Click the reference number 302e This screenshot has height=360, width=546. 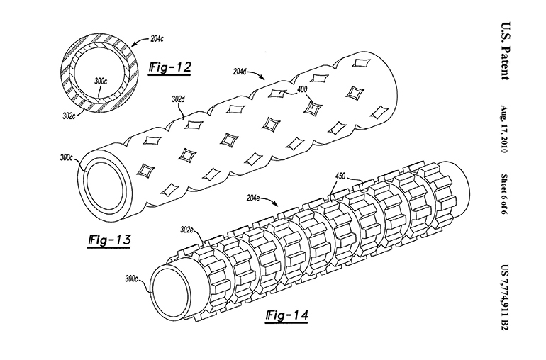pyautogui.click(x=187, y=228)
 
